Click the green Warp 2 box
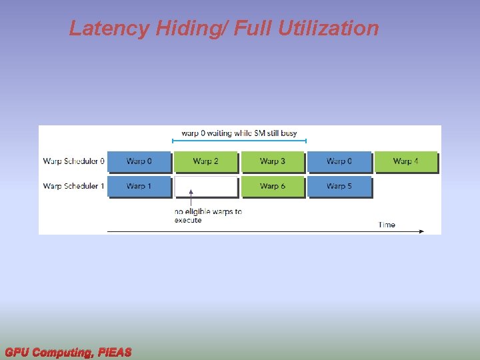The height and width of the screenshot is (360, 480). point(206,162)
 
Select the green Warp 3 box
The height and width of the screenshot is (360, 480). point(273,162)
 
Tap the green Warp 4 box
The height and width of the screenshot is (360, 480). point(406,162)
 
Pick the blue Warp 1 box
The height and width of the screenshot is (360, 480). point(139,187)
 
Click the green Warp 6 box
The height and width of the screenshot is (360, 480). point(273,187)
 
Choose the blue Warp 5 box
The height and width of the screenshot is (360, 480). point(339,187)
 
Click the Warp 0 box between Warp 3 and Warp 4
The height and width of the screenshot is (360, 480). point(339,162)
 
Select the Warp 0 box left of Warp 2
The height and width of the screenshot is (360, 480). point(139,162)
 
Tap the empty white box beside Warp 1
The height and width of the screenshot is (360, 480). point(206,187)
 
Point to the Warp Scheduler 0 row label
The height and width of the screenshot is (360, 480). point(73,161)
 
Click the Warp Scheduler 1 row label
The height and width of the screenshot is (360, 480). point(73,186)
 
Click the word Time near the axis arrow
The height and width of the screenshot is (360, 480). point(387,225)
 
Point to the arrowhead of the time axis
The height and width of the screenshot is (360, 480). point(421,231)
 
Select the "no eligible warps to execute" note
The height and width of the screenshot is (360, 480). point(208,215)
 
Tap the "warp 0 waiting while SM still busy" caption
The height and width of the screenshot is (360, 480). point(239,133)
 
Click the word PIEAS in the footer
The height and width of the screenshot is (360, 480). point(114,352)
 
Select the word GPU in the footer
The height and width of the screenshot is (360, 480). point(17,352)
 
